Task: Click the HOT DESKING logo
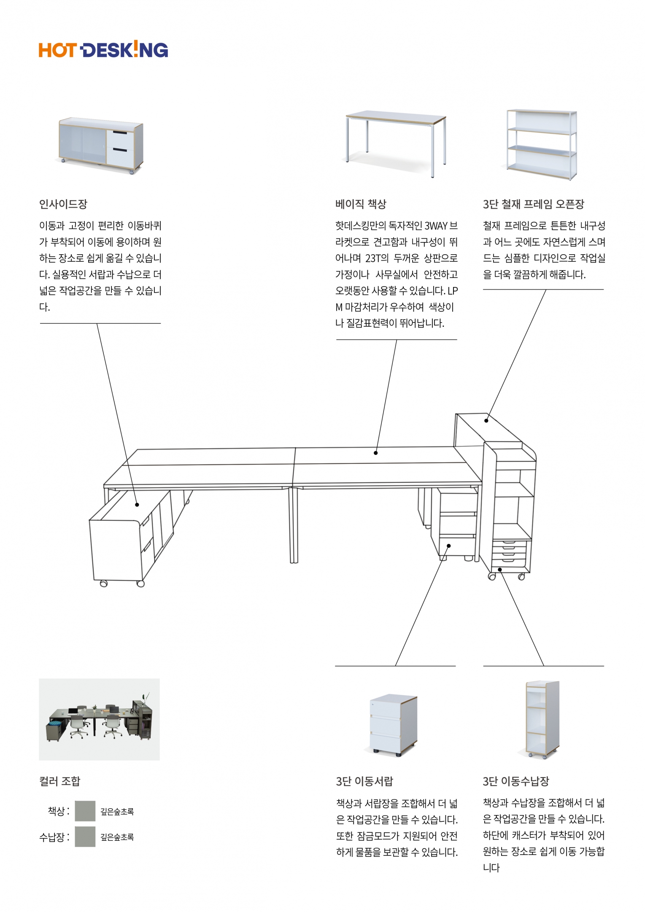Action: (103, 50)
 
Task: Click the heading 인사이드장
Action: (63, 204)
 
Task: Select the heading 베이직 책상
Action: (361, 204)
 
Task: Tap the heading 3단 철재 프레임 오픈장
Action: (533, 204)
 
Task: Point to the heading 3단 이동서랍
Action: (364, 781)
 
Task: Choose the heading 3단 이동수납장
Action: (515, 781)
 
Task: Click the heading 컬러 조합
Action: (59, 781)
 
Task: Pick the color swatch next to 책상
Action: (85, 811)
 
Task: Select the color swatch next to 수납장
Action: (85, 837)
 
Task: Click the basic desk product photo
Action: (396, 141)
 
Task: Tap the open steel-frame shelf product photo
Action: (542, 145)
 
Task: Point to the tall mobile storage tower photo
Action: (542, 720)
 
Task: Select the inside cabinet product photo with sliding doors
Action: (101, 145)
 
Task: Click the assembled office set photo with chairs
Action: (99, 719)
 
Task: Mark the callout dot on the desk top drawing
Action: (375, 453)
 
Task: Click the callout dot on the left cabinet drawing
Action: (137, 505)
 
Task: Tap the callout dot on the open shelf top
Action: (486, 420)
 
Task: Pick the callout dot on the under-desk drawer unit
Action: (449, 546)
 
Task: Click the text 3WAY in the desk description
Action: (436, 226)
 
